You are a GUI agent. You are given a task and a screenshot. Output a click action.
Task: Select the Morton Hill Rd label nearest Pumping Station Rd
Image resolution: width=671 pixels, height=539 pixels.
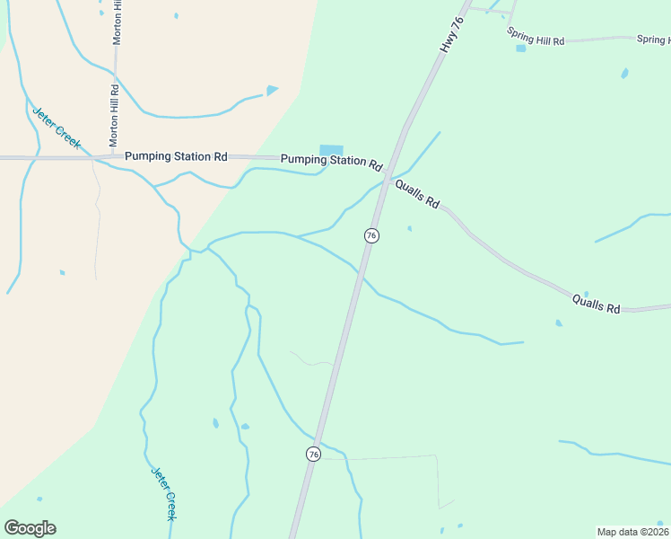(114, 116)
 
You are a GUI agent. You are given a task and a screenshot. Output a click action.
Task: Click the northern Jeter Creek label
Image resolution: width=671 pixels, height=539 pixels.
(56, 128)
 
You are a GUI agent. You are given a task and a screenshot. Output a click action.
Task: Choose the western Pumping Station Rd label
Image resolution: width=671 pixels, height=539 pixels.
(176, 155)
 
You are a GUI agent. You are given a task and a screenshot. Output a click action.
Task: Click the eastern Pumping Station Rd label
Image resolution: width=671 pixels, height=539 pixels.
(332, 161)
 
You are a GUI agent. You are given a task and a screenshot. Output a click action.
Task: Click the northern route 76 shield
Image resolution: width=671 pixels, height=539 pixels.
(371, 235)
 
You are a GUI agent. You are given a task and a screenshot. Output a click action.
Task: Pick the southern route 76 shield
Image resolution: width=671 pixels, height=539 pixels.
(313, 454)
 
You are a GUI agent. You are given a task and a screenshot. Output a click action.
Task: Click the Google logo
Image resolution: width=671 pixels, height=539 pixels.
(30, 528)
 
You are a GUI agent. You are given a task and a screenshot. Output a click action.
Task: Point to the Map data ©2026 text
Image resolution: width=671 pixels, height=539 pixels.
(632, 531)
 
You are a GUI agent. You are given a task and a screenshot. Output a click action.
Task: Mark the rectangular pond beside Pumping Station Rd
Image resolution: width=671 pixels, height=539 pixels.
(331, 150)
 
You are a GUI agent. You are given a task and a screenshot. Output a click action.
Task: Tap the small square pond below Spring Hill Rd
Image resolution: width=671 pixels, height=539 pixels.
(520, 49)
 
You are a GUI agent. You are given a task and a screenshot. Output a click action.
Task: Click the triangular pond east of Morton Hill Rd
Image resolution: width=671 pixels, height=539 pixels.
(272, 90)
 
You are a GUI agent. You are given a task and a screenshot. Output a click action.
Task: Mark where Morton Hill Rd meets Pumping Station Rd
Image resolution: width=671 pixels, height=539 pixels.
(114, 155)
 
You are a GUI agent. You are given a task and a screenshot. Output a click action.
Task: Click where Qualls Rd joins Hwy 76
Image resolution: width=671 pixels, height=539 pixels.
(386, 181)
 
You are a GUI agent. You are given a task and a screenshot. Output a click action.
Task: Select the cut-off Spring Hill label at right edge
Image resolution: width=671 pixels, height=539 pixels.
(654, 40)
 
